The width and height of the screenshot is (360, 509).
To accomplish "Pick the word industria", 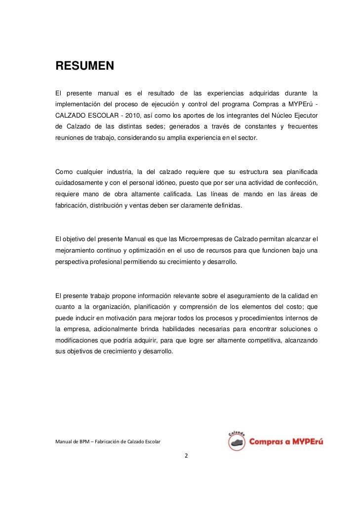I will (120, 171).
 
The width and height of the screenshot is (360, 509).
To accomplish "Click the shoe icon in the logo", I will (238, 441).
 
